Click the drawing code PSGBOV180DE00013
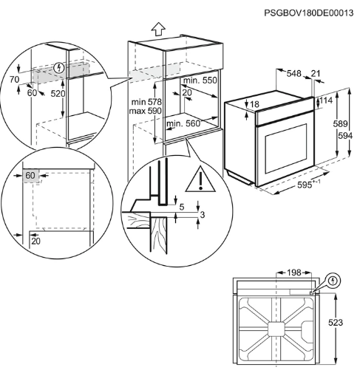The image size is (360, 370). coord(308,13)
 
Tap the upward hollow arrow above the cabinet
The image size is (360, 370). coord(158,29)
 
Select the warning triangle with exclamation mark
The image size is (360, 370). coord(200,179)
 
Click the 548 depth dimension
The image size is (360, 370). coord(293,73)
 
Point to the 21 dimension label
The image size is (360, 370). coord(316,73)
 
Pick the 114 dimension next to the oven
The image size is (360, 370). coord(326,100)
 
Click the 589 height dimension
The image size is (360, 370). coord(340,123)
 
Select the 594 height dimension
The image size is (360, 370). coord(345,135)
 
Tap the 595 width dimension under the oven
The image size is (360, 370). coord(305,185)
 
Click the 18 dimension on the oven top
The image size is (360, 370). coord(254,104)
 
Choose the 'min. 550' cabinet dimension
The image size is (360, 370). coord(200,80)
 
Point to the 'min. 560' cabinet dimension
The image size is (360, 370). coord(183,123)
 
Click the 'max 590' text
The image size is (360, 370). coord(146,111)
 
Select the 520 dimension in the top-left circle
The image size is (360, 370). coord(58,94)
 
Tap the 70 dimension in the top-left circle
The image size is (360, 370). coord(14,80)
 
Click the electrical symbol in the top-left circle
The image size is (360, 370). coord(59,68)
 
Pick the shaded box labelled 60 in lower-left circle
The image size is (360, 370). coord(31,176)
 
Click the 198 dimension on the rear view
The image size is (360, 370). coord(294,273)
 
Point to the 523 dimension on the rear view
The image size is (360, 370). coord(336,323)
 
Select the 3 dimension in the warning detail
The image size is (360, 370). coord(203,215)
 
